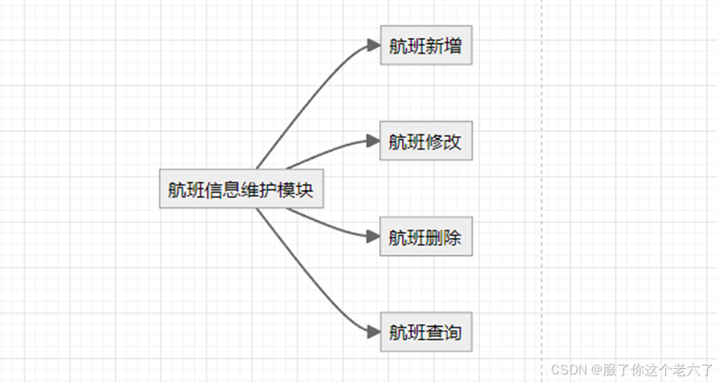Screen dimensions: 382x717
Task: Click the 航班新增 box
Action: click(x=425, y=46)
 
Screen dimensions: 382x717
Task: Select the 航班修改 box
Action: click(x=425, y=142)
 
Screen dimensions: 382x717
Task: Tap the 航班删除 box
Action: click(x=425, y=238)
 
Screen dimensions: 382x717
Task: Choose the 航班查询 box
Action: click(x=425, y=333)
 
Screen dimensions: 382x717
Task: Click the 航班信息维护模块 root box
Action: click(x=240, y=189)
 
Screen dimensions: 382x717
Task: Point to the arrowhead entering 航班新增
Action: click(x=373, y=46)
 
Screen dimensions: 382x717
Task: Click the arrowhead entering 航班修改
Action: click(x=372, y=141)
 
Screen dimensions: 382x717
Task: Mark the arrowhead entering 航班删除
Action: click(x=372, y=237)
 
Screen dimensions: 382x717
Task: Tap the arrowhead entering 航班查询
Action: click(x=373, y=333)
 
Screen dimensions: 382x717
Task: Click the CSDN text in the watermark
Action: click(x=566, y=370)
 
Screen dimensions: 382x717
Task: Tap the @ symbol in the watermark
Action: click(x=592, y=370)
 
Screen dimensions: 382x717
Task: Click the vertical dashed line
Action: click(x=543, y=165)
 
